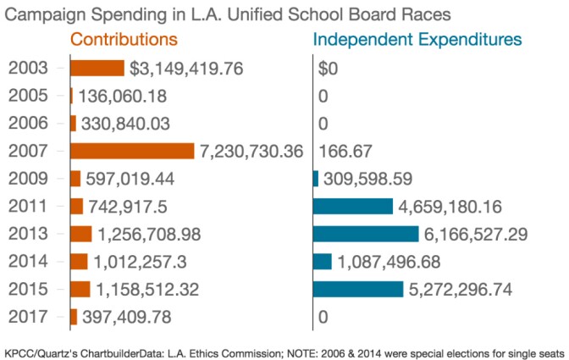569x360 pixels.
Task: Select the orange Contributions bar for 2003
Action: [97, 69]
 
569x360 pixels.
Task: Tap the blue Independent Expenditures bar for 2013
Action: [366, 234]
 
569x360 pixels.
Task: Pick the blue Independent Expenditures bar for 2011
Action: [353, 206]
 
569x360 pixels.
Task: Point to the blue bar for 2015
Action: [358, 289]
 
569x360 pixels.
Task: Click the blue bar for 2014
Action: [322, 261]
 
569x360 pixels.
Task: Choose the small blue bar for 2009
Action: [316, 179]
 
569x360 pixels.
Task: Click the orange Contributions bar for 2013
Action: [81, 234]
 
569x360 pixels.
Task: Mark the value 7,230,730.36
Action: [251, 151]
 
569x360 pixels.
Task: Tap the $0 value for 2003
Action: [328, 69]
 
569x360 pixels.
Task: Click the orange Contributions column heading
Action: [124, 40]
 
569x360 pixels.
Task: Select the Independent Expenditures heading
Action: [417, 40]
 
